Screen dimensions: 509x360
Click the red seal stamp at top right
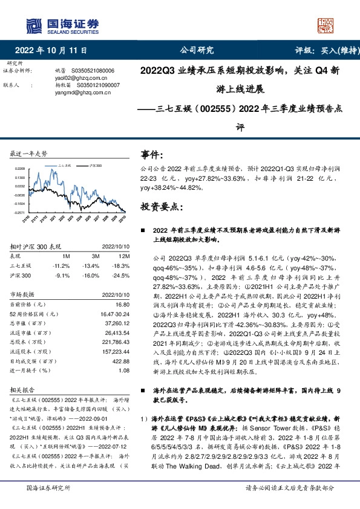[326, 25]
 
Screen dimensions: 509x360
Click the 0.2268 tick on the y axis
[20, 169]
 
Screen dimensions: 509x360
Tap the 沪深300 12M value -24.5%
[121, 274]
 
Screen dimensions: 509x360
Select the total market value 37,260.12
[117, 323]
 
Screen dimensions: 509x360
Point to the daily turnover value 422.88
[120, 361]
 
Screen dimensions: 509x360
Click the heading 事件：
[151, 155]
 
